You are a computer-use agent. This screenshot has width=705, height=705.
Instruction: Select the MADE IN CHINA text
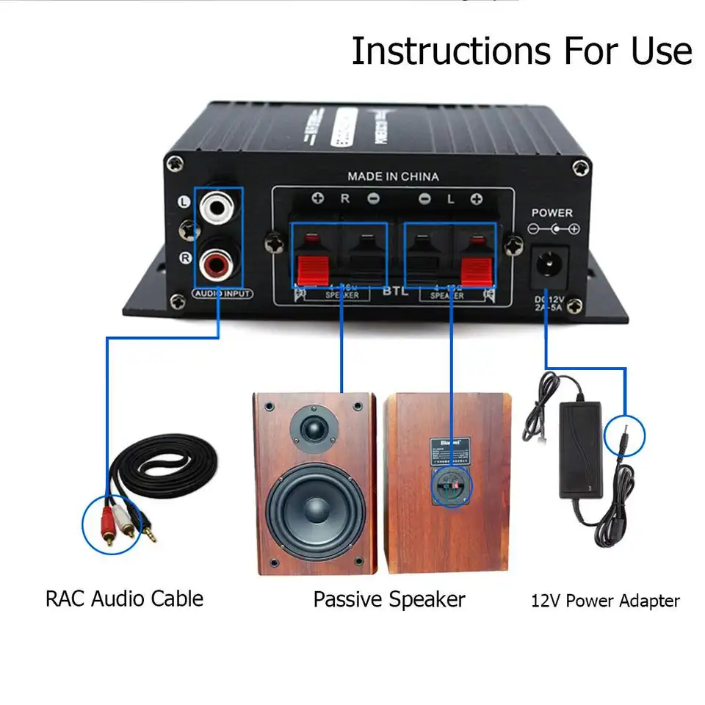(393, 176)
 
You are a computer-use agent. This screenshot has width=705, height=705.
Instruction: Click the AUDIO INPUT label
(223, 294)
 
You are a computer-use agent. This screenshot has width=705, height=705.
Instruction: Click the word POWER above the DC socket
(552, 213)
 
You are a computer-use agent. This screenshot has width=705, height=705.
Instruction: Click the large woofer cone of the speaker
(316, 509)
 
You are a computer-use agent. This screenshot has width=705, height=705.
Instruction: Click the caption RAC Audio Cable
(124, 599)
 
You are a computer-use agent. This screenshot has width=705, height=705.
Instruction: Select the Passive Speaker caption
(389, 599)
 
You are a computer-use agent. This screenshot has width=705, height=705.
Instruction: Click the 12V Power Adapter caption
(605, 601)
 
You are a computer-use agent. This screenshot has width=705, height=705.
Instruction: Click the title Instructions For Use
(521, 51)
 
